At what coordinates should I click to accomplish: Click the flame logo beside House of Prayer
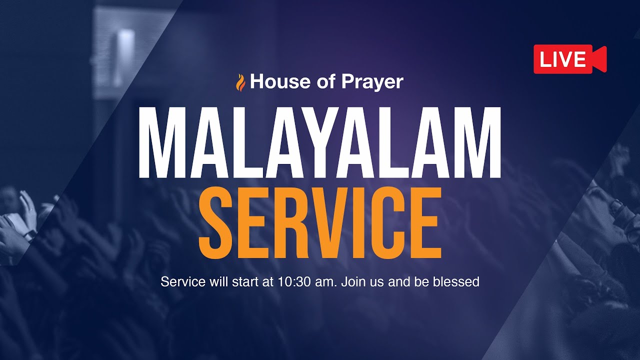pos(241,82)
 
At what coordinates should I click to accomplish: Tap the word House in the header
pos(273,81)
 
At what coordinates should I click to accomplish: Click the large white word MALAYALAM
pos(319,143)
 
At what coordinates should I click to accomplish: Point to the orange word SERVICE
pos(320,222)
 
